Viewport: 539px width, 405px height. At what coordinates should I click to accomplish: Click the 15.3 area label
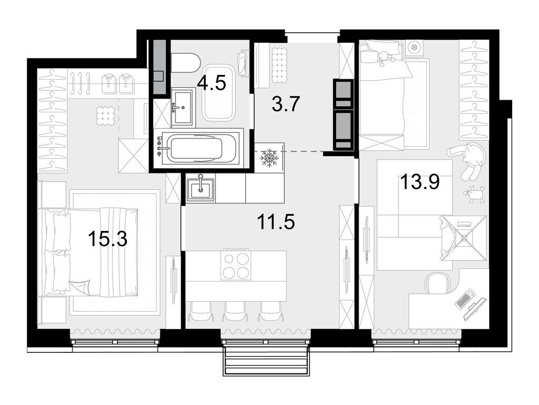click(x=107, y=240)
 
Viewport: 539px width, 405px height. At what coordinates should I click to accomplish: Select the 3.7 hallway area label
click(x=286, y=103)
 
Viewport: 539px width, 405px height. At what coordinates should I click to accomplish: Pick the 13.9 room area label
click(x=420, y=183)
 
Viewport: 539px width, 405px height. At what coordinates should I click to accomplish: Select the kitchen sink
click(x=201, y=188)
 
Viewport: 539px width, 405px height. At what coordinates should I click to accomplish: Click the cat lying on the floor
click(x=468, y=159)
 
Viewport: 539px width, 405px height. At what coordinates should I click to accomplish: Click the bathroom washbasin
click(x=183, y=108)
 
